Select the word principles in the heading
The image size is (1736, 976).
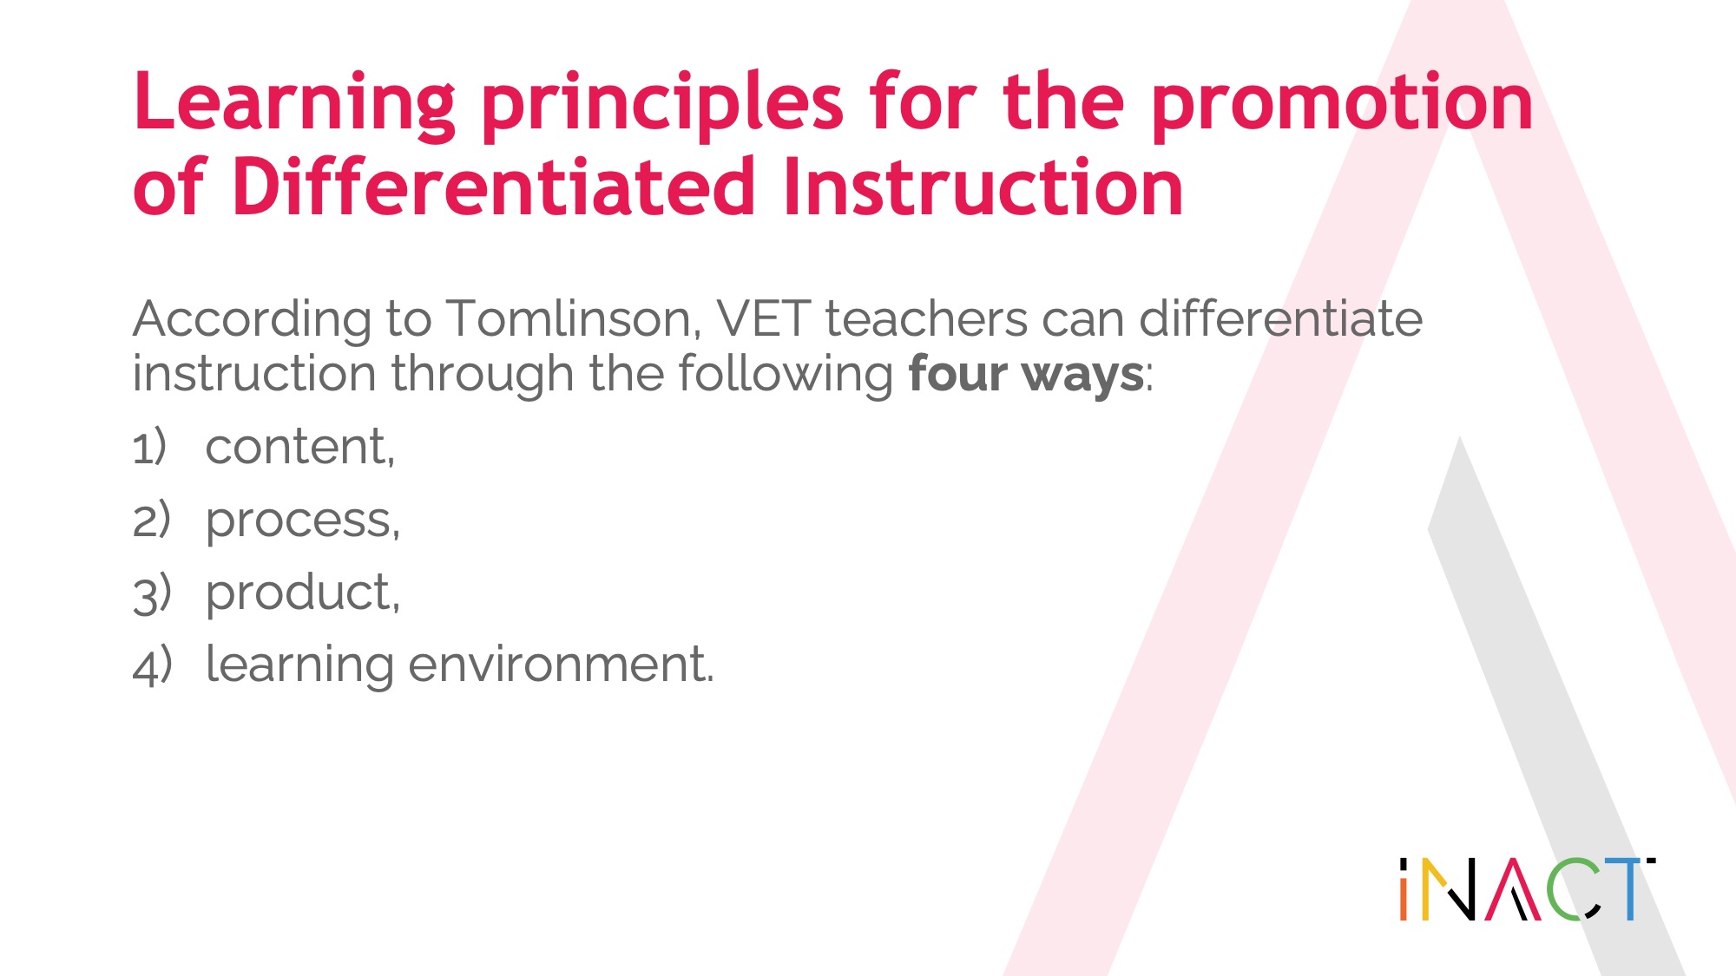point(662,106)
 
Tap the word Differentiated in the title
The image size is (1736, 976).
point(494,187)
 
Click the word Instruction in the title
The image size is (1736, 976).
point(983,187)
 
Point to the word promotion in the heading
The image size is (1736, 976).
point(1343,106)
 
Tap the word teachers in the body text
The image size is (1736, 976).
point(926,318)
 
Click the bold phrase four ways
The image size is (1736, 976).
point(1026,375)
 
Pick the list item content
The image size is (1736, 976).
point(300,448)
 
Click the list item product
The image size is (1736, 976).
point(303,593)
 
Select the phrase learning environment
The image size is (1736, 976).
point(460,666)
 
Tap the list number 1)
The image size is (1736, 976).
point(149,448)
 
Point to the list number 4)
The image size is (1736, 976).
point(152,666)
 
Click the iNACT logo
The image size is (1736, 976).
point(1527,888)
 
